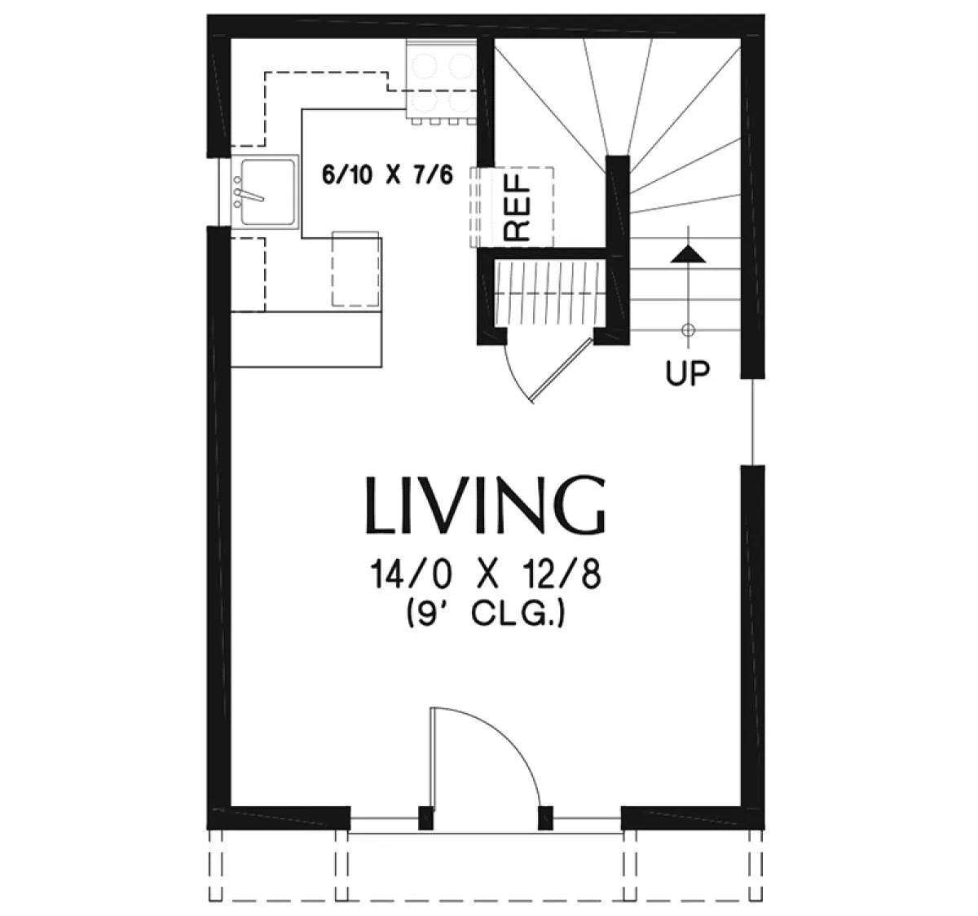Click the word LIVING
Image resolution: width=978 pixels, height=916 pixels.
pyautogui.click(x=485, y=505)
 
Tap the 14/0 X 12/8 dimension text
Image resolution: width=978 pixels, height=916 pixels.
pyautogui.click(x=485, y=575)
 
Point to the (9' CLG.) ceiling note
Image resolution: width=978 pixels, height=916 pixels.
pyautogui.click(x=485, y=614)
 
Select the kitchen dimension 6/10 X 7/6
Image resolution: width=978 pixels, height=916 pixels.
pyautogui.click(x=387, y=174)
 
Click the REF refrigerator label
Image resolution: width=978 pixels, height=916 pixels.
pyautogui.click(x=518, y=208)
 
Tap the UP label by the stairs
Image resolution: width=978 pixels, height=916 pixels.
pyautogui.click(x=688, y=372)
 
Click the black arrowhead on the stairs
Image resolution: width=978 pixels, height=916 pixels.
pyautogui.click(x=688, y=254)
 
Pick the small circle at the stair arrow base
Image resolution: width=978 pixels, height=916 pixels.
pyautogui.click(x=688, y=329)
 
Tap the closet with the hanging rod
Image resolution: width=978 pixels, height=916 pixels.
pyautogui.click(x=549, y=293)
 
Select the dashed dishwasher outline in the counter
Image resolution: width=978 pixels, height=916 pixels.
pyautogui.click(x=356, y=269)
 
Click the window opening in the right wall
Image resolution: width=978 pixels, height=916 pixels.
pyautogui.click(x=752, y=422)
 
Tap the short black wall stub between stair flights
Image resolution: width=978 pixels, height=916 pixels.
pyautogui.click(x=618, y=249)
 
